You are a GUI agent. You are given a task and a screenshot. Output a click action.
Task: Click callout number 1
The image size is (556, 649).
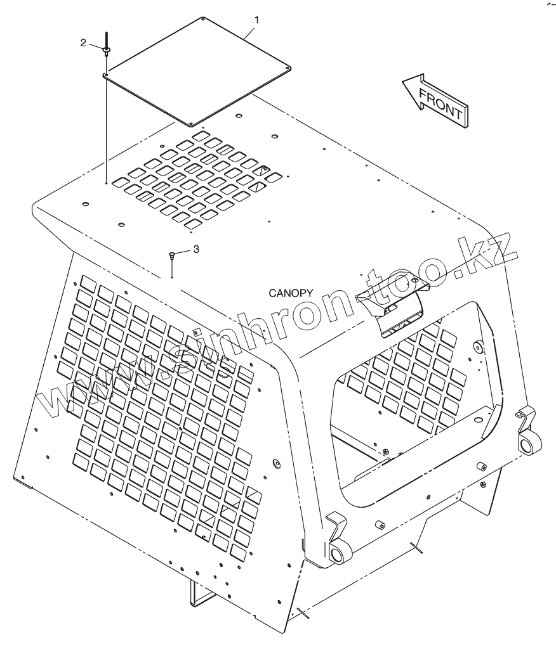pyautogui.click(x=256, y=20)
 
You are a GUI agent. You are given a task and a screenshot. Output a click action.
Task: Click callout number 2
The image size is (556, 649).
pyautogui.click(x=83, y=42)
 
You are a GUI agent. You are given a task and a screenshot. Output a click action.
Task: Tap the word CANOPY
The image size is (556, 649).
pyautogui.click(x=291, y=293)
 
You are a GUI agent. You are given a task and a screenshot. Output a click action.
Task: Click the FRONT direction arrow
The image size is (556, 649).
pyautogui.click(x=435, y=101)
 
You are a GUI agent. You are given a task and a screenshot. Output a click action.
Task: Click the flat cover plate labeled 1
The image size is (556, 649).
pyautogui.click(x=197, y=70)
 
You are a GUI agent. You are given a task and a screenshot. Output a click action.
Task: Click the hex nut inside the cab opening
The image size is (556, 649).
pyautogui.click(x=385, y=451)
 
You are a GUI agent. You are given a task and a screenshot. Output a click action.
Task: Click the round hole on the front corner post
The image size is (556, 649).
pyautogui.click(x=275, y=463)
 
